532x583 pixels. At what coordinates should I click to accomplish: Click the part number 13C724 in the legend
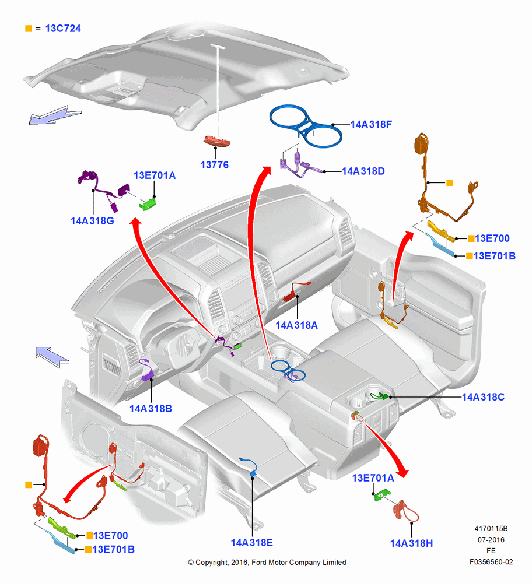point(63,29)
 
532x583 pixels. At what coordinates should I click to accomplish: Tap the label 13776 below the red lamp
point(215,165)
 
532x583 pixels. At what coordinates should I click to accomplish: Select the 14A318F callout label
point(371,125)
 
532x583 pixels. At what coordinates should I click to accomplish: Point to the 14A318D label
point(363,171)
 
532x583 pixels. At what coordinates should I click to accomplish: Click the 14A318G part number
point(92,221)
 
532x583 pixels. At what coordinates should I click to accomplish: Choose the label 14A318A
point(296,325)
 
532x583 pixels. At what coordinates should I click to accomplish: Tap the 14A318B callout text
point(150,409)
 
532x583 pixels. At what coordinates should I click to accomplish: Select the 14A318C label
point(483,397)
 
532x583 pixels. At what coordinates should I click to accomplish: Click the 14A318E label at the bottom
point(252,543)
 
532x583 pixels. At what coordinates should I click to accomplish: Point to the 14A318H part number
point(411,543)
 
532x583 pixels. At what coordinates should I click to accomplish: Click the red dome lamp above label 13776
point(216,141)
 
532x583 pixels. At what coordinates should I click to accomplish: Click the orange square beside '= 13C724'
point(28,29)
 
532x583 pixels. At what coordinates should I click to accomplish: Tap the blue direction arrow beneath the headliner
point(55,114)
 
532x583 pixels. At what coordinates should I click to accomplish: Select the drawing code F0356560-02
point(491,562)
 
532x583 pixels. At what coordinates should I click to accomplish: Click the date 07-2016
point(491,539)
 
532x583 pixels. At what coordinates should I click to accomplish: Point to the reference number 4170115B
point(491,528)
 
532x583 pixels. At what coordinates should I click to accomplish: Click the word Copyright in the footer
point(211,563)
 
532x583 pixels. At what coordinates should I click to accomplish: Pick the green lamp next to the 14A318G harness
point(148,203)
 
